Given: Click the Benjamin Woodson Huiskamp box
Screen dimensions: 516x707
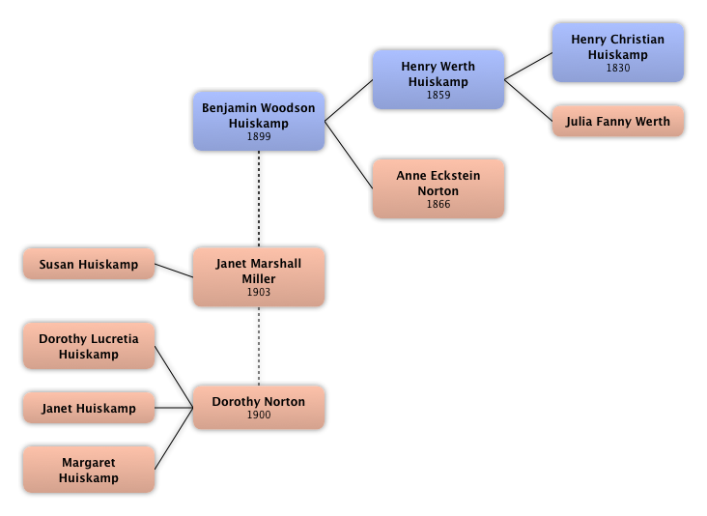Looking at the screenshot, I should [259, 121].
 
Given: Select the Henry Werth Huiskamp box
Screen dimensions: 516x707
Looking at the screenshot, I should [438, 79].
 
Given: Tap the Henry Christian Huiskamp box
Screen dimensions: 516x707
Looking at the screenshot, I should [617, 52].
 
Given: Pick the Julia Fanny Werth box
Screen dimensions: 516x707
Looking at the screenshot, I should [618, 122].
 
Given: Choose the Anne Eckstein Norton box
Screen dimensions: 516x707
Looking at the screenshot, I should [438, 189].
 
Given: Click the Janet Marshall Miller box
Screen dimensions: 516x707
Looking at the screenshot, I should [259, 276].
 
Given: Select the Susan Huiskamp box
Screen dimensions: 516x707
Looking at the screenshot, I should [89, 264].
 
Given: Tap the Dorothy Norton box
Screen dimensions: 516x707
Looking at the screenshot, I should [259, 407].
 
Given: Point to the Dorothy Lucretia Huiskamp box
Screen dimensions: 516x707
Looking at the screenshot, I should [89, 346].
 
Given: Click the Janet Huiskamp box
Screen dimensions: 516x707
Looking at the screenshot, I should [89, 409].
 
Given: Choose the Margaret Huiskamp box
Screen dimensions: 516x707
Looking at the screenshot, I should [89, 470].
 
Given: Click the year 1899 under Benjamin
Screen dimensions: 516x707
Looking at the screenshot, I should [259, 137].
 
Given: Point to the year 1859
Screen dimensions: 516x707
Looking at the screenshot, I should [438, 96].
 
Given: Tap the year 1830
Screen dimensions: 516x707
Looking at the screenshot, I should [618, 69].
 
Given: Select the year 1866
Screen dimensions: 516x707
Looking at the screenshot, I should [438, 205].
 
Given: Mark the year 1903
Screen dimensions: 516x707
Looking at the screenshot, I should [259, 292].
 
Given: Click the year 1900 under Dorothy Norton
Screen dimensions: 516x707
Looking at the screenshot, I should [259, 416].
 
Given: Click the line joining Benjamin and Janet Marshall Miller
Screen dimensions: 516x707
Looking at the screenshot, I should [259, 198].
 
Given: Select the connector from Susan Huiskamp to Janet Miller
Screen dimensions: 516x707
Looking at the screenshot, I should [174, 270].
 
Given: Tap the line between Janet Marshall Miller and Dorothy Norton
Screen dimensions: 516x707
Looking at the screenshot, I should [259, 346].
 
